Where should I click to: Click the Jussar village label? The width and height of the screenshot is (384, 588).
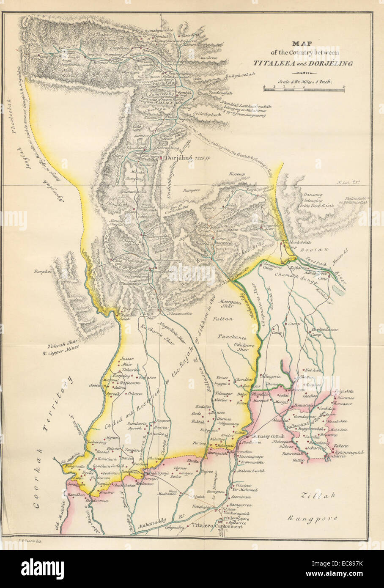pyautogui.click(x=127, y=358)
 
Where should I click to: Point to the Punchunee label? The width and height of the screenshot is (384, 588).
pyautogui.click(x=233, y=337)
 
